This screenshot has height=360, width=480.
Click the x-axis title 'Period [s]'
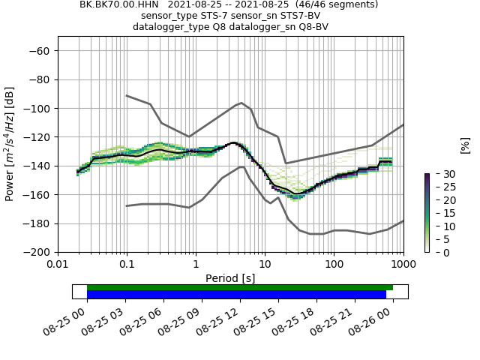click(x=230, y=278)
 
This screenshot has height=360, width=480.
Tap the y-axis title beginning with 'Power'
click(x=10, y=144)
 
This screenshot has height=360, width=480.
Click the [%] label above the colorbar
click(x=465, y=145)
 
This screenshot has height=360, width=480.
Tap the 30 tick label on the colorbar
click(x=442, y=174)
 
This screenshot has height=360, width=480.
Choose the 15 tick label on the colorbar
click(x=442, y=213)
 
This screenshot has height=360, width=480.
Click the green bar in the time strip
click(x=240, y=287)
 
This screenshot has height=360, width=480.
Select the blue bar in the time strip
click(x=236, y=295)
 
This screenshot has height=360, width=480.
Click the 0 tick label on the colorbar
click(x=439, y=252)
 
